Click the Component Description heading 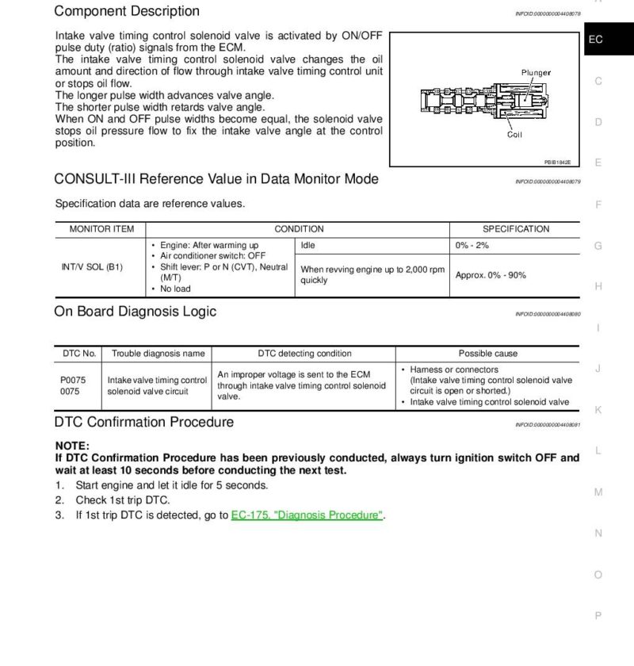coord(127,12)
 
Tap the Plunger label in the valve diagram coord(536,73)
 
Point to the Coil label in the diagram coord(514,135)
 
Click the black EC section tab coord(597,39)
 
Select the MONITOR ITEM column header coord(101,229)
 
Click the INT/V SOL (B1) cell coord(92,267)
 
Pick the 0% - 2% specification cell coord(472,246)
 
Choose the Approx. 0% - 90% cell coord(491,275)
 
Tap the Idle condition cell coord(308,246)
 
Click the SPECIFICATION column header coord(516,229)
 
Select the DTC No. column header coord(79,354)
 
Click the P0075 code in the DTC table coord(73,380)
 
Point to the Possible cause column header coord(488,354)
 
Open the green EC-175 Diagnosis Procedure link coord(307,515)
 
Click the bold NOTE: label coord(72,446)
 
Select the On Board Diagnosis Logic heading coord(135,312)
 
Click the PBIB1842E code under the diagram coord(556,163)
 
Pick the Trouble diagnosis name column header coord(158,354)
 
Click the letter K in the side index coord(598,410)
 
